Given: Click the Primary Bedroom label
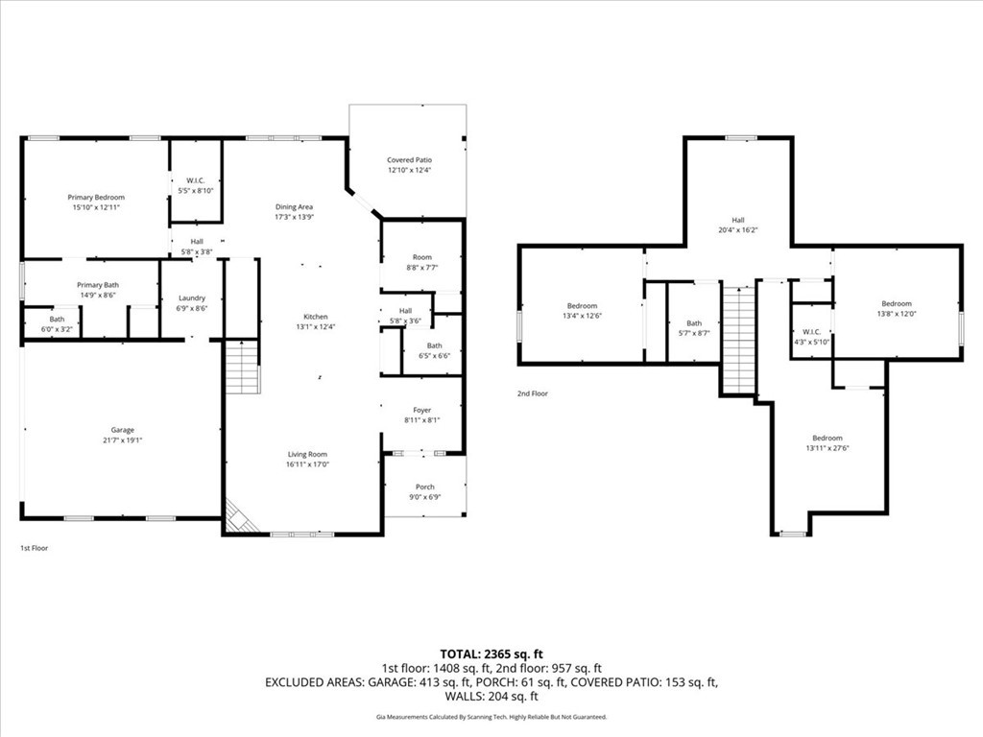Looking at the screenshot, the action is click(96, 198).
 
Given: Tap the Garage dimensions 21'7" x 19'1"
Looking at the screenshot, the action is click(123, 440).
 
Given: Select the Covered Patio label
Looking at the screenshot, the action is click(409, 160).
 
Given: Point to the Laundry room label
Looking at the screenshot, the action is click(192, 298).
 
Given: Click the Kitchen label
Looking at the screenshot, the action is click(316, 317).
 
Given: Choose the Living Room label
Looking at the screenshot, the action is click(308, 454).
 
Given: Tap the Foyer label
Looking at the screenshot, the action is click(422, 411).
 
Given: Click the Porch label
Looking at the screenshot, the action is click(425, 487).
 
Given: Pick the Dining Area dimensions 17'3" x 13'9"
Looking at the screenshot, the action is click(294, 217).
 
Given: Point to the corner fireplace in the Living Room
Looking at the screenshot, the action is click(239, 516).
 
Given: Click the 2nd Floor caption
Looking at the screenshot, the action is click(532, 393).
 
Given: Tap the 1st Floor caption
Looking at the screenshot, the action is click(34, 548).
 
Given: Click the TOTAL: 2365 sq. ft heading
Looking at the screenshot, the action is click(491, 654).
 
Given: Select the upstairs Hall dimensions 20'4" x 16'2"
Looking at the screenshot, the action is click(738, 230).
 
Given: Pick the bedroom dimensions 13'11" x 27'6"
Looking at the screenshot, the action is click(827, 448).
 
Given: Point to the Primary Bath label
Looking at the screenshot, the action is click(98, 285).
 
